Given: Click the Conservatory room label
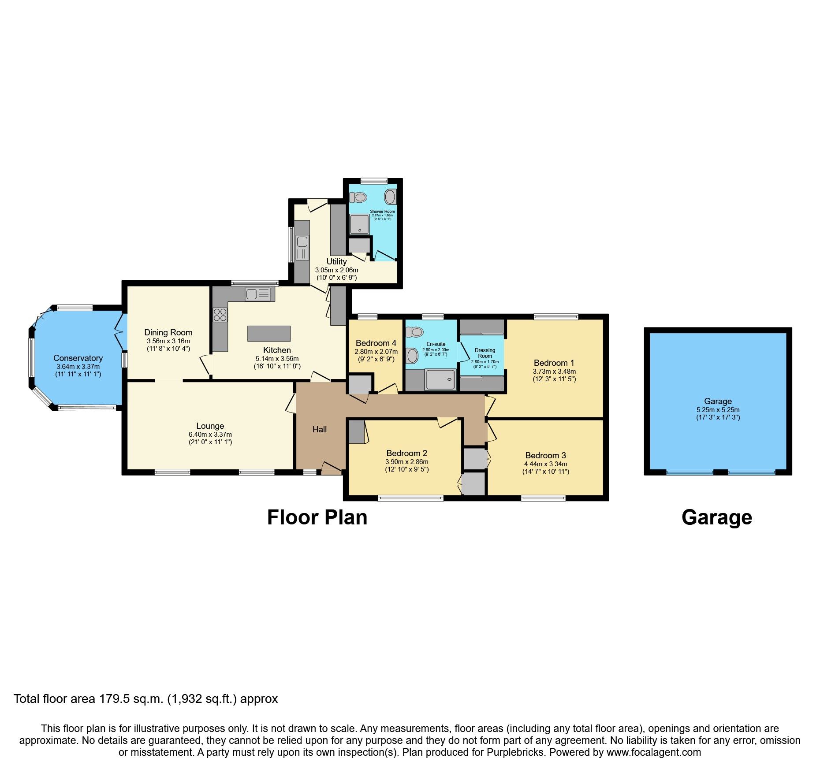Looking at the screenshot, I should (78, 358).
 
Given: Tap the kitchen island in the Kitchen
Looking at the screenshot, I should (269, 334).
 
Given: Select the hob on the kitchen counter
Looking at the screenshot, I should (220, 315).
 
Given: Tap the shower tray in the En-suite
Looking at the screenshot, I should (440, 379).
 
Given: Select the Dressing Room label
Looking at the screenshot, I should (485, 353).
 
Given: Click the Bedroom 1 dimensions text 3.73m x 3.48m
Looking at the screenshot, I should (554, 371).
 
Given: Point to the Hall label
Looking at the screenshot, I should (320, 429).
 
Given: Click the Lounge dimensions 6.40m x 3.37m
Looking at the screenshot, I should (210, 434).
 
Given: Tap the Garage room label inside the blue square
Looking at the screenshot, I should (718, 401).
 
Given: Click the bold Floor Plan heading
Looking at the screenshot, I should (317, 517).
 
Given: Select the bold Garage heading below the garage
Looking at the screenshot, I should (716, 517).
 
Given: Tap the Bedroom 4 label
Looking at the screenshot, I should (376, 343).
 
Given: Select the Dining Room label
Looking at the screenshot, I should (168, 332).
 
